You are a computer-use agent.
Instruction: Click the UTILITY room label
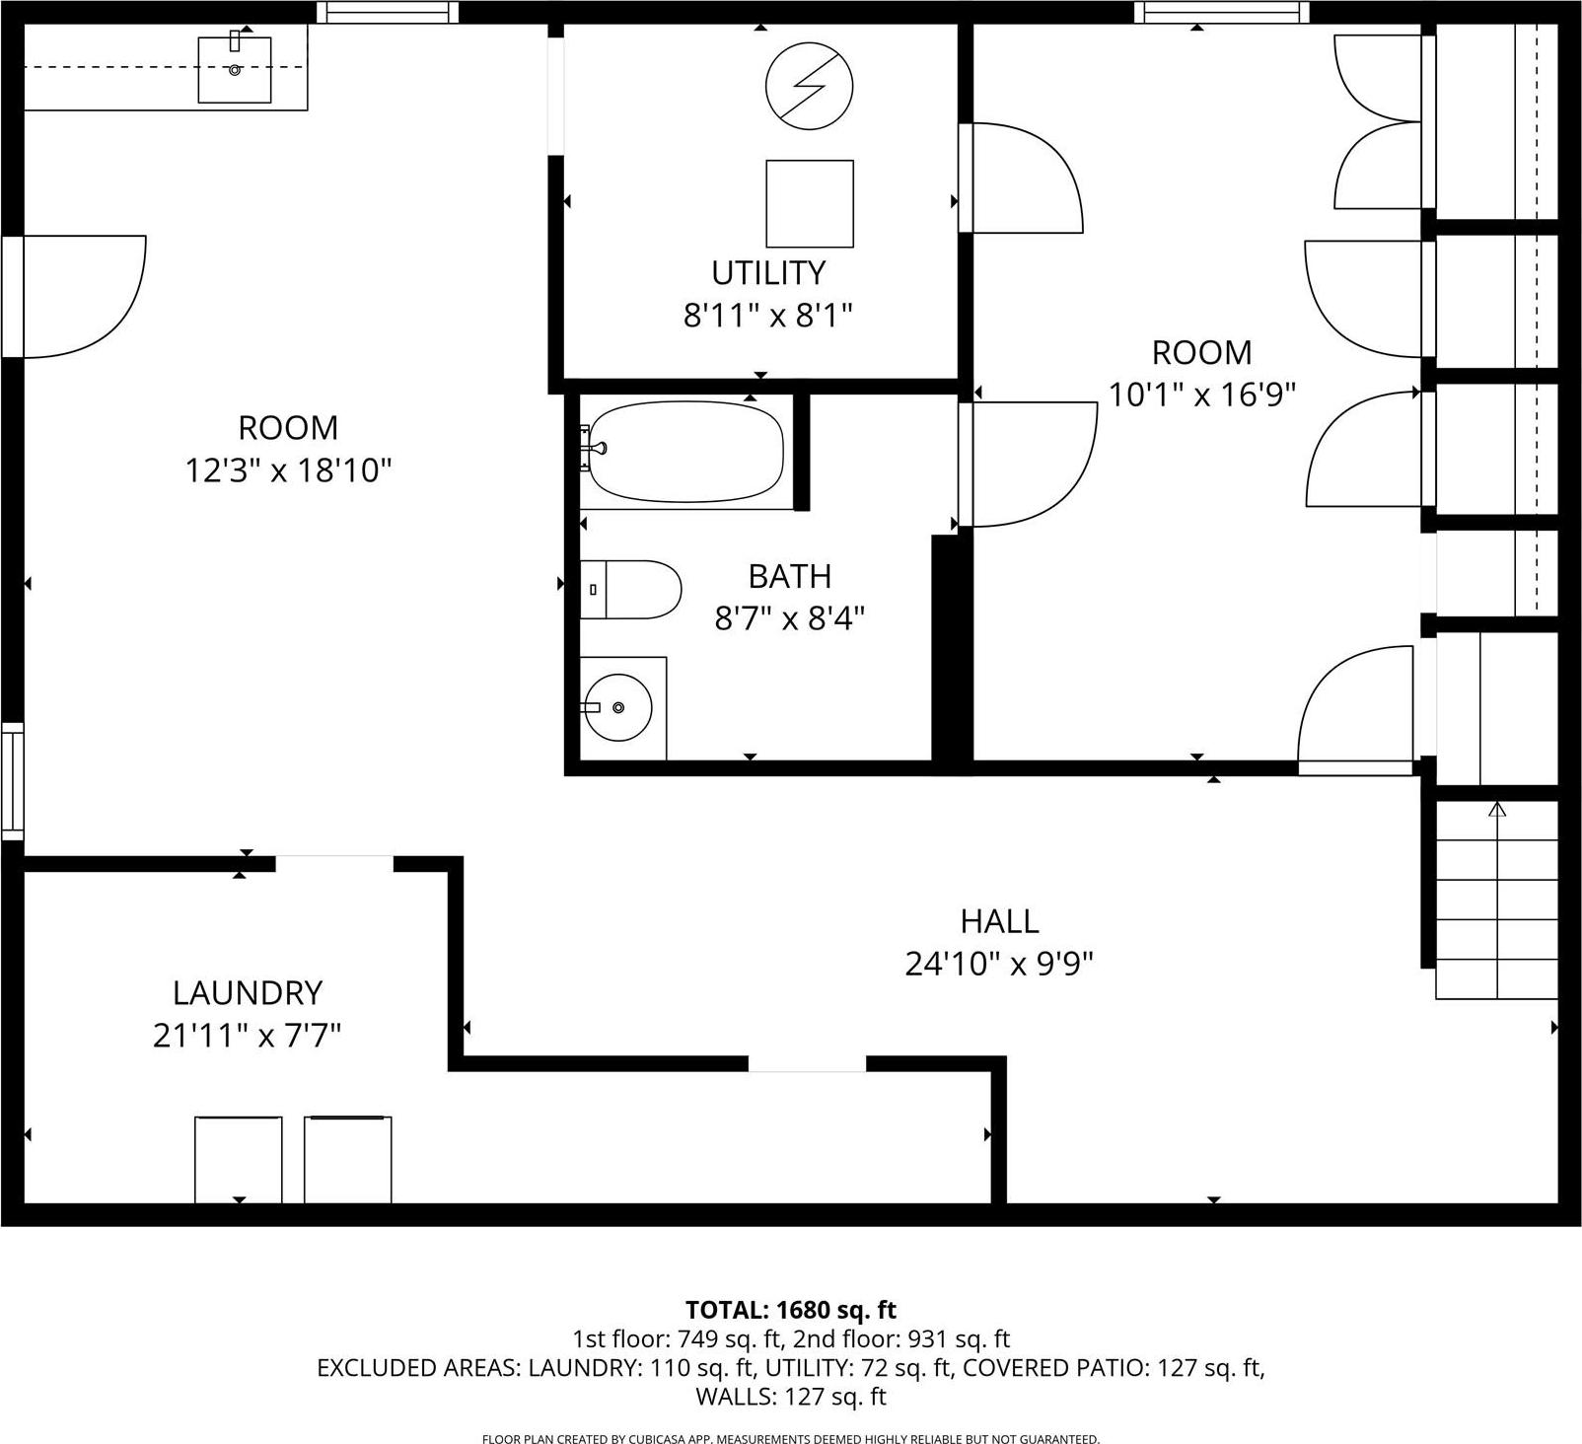click(x=768, y=272)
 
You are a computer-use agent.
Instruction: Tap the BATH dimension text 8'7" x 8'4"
click(x=789, y=618)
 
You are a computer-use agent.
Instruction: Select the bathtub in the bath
click(x=686, y=451)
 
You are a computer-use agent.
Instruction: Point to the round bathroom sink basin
click(x=618, y=707)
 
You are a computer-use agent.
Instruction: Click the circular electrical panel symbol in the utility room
click(x=809, y=86)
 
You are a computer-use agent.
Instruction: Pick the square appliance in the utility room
click(x=810, y=203)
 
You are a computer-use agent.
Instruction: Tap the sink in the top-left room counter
click(x=235, y=69)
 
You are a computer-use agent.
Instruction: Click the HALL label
click(x=999, y=920)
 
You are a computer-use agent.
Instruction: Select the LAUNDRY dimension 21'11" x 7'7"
click(x=247, y=1036)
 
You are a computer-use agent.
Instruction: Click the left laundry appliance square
click(x=239, y=1159)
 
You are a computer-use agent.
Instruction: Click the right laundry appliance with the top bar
click(x=347, y=1159)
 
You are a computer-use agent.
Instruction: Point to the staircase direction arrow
click(x=1497, y=811)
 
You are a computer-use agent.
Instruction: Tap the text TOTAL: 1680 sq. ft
click(x=790, y=1310)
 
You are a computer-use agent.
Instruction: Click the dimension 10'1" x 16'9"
click(x=1201, y=395)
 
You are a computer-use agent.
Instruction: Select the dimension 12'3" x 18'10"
click(x=288, y=470)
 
